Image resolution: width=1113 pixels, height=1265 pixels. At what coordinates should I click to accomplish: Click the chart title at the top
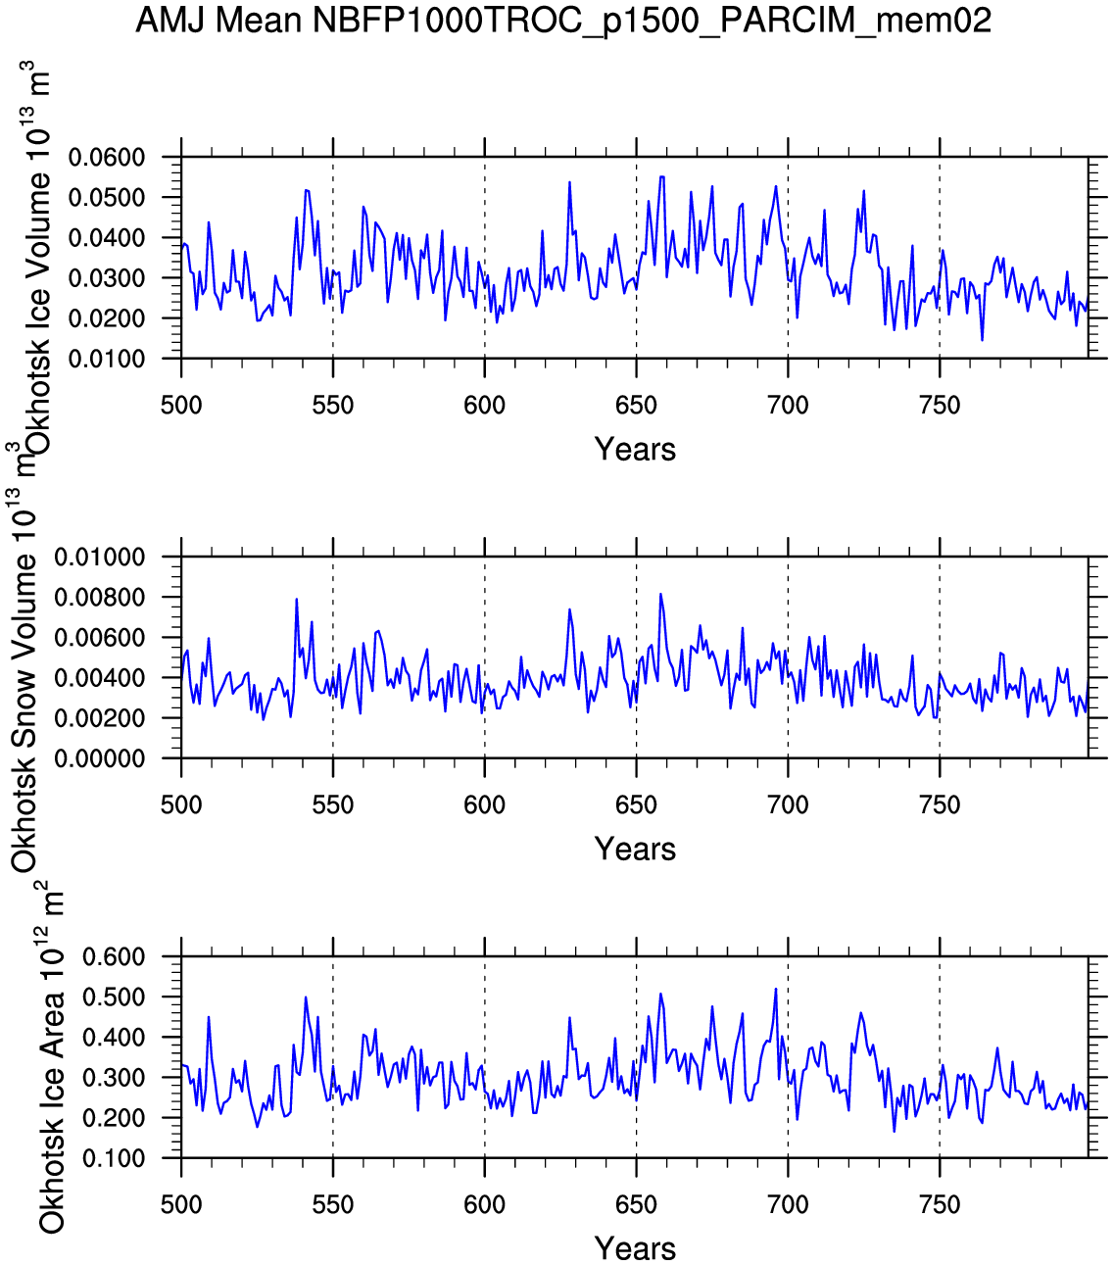563,20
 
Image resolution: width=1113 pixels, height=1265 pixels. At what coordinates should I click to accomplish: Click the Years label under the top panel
635,450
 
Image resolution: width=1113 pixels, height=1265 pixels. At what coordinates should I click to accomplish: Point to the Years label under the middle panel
635,850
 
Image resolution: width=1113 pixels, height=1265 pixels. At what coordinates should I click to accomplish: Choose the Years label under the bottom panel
635,1249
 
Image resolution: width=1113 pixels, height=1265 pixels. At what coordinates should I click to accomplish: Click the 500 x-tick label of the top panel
181,406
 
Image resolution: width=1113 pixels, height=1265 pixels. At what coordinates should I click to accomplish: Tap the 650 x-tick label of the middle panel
636,805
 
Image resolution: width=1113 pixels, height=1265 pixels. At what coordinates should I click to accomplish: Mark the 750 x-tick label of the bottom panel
940,1205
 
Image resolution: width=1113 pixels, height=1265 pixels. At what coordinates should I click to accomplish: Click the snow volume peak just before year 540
296,600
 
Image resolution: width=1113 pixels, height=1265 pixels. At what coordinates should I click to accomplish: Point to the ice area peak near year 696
776,990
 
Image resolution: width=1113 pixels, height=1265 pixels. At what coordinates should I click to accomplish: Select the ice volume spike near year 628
569,183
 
